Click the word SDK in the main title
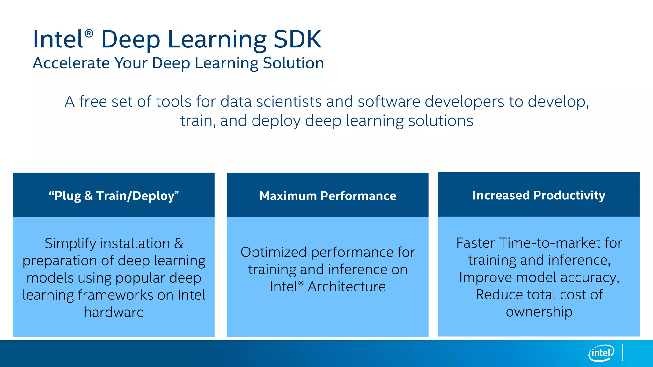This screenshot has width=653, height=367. (297, 39)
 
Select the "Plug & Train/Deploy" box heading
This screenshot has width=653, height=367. (114, 196)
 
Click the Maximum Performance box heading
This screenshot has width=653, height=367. (327, 196)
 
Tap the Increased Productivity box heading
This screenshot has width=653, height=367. (539, 195)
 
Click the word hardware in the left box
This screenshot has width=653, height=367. (114, 312)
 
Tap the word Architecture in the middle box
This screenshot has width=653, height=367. (347, 287)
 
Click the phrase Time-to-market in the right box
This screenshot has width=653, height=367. (550, 243)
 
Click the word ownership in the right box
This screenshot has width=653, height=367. (539, 312)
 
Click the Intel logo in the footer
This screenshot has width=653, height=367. (601, 353)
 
